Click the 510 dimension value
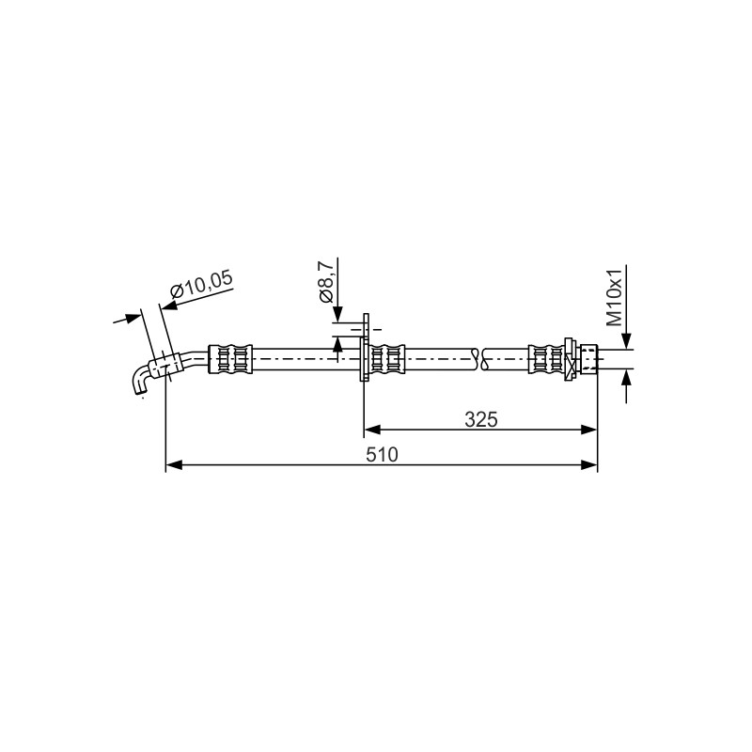(382, 455)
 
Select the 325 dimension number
(481, 419)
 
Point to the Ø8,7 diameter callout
(326, 283)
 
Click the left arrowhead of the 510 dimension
(174, 464)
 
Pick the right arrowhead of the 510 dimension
(589, 464)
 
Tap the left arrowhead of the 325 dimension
(372, 430)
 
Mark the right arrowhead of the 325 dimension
(589, 430)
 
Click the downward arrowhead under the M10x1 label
(626, 341)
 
